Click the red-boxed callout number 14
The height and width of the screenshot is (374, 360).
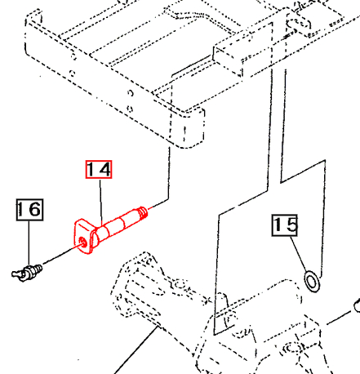click(99, 169)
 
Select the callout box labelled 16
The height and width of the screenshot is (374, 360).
click(29, 210)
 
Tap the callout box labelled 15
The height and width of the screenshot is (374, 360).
click(285, 225)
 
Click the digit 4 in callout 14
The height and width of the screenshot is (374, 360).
click(104, 169)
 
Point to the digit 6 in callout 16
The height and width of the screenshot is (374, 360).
click(35, 209)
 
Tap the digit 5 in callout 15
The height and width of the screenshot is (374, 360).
click(291, 225)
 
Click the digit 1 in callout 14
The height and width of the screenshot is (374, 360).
click(91, 169)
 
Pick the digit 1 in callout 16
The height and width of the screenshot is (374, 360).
click(21, 209)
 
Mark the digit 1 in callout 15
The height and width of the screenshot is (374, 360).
click(278, 225)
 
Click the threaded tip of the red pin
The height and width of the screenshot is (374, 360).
click(143, 212)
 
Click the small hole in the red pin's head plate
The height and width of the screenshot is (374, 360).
click(82, 242)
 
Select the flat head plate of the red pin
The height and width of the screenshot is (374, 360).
click(84, 236)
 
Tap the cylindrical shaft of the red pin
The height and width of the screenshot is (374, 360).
click(118, 224)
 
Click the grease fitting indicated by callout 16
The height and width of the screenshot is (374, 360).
click(27, 273)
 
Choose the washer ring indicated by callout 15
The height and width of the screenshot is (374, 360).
click(312, 281)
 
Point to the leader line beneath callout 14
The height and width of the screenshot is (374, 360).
click(100, 203)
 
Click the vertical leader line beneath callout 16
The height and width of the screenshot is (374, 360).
click(29, 243)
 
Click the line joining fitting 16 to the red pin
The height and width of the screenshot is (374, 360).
click(61, 254)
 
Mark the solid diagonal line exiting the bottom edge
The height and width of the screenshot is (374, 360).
click(136, 350)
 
